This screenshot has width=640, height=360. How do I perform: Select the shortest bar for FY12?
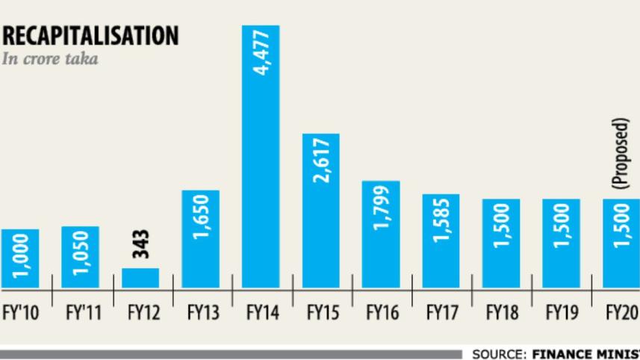point(140,278)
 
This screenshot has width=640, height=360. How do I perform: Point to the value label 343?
point(141,244)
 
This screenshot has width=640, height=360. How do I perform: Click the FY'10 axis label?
point(21,311)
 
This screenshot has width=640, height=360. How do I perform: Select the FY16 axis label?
point(382,311)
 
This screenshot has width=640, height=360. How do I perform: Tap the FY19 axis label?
point(562,311)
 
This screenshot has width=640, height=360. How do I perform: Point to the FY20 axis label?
point(621,311)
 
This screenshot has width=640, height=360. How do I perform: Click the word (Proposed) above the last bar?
point(621,153)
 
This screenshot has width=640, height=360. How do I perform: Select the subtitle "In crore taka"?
point(50,58)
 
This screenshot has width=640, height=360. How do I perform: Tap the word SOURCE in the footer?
point(499,354)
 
